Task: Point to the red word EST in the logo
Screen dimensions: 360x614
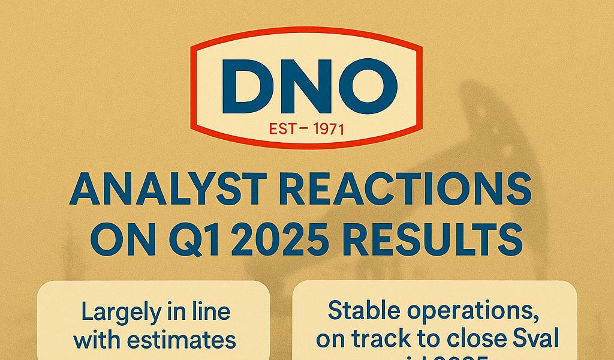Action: click(282, 128)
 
